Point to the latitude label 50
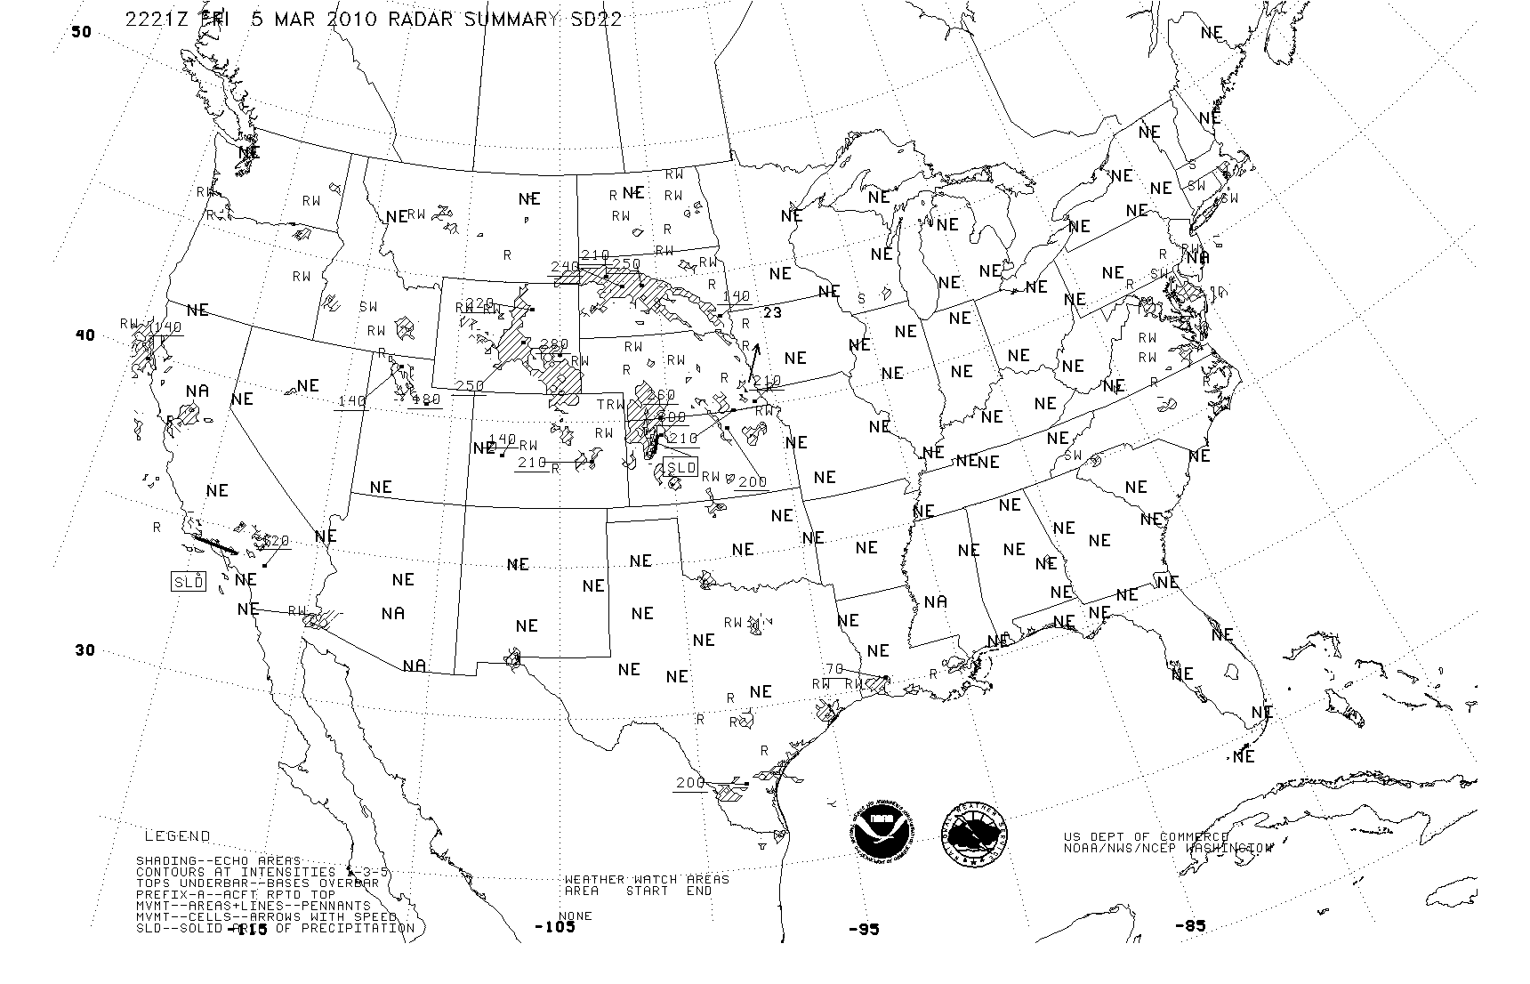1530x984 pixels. pyautogui.click(x=81, y=32)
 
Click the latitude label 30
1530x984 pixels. pyautogui.click(x=84, y=650)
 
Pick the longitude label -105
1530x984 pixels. pyautogui.click(x=554, y=927)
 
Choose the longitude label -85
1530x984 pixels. pyautogui.click(x=1189, y=926)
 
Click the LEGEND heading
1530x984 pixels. pyautogui.click(x=178, y=836)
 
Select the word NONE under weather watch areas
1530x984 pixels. pyautogui.click(x=575, y=915)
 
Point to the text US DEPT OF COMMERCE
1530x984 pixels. pyautogui.click(x=1146, y=837)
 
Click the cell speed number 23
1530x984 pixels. pyautogui.click(x=772, y=312)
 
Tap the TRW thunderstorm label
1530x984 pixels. pyautogui.click(x=610, y=405)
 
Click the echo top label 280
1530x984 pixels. pyautogui.click(x=553, y=345)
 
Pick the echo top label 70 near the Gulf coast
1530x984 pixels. pyautogui.click(x=833, y=669)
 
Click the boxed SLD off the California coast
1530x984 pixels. pyautogui.click(x=189, y=582)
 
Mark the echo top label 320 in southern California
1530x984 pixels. pyautogui.click(x=277, y=541)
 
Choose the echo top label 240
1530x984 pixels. pyautogui.click(x=565, y=267)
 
